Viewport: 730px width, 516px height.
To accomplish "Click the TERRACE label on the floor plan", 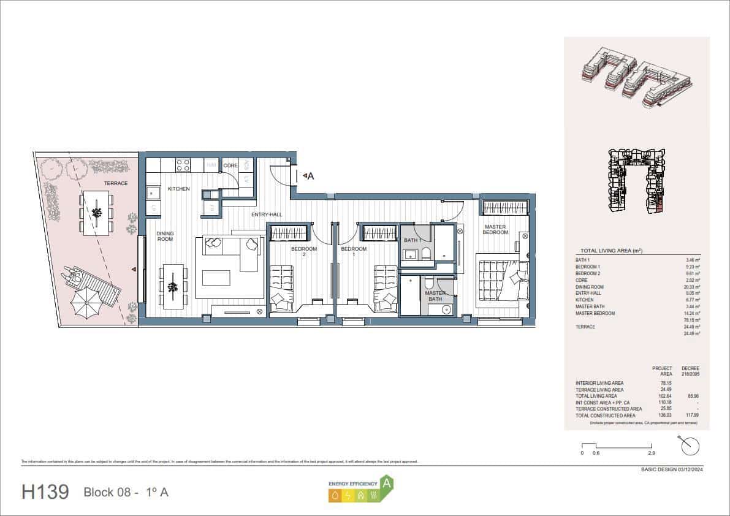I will tap(115, 183).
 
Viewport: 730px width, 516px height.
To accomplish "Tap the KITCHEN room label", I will tap(178, 189).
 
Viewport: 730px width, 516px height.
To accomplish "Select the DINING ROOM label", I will tap(165, 236).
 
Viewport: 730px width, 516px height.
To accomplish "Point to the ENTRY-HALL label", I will tap(267, 214).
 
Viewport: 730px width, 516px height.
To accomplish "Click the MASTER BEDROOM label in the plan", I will tap(495, 229).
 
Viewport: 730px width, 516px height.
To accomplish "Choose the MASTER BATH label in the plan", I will tap(435, 296).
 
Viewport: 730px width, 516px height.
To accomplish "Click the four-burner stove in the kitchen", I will tap(183, 164).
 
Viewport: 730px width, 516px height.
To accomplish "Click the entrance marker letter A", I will tap(310, 176).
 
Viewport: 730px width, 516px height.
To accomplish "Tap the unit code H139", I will tap(45, 492).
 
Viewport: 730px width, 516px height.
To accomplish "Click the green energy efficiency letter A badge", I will tap(387, 484).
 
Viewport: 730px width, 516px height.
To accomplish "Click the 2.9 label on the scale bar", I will tap(651, 453).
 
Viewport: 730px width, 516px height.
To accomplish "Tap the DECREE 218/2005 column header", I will tap(690, 371).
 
